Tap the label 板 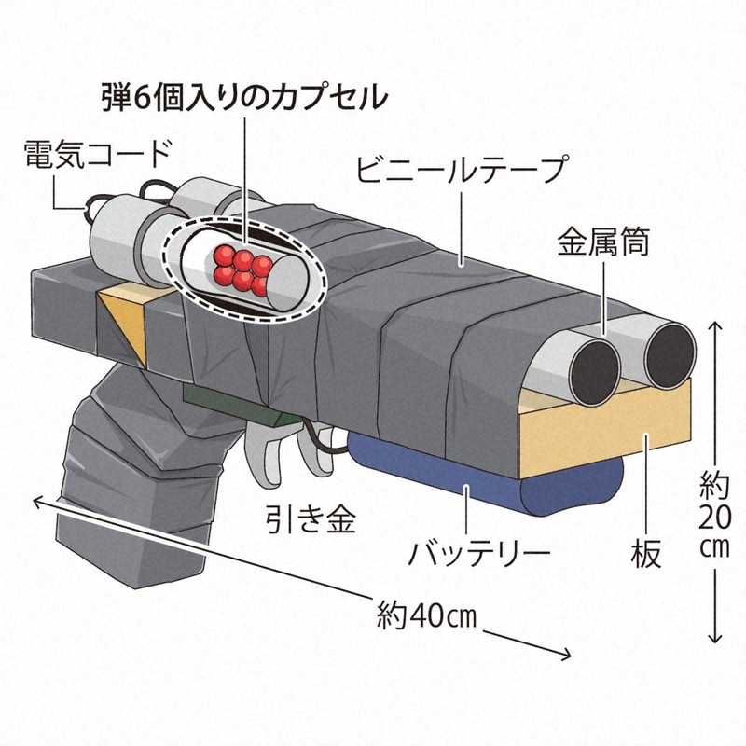coord(646,553)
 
